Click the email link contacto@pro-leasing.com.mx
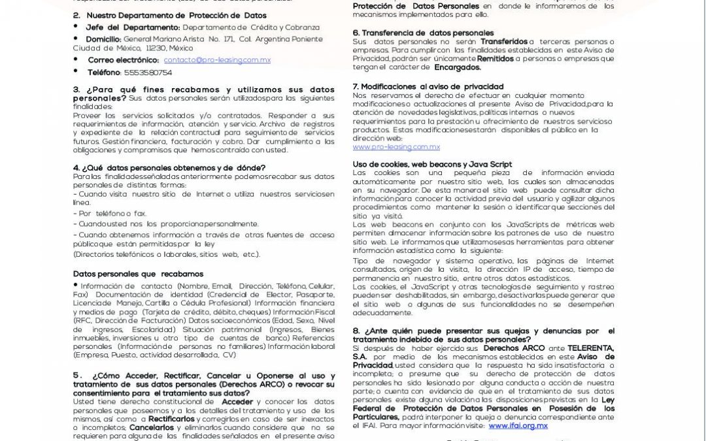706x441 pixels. point(217,60)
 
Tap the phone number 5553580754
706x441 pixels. point(148,73)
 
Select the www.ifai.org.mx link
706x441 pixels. point(518,425)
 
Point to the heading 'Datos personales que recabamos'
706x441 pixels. point(138,274)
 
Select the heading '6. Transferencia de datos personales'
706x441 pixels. point(423,33)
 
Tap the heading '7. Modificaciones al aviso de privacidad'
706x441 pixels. point(428,86)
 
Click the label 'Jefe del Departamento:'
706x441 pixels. point(133,27)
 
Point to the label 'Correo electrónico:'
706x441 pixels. point(123,60)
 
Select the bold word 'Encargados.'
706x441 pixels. point(458,67)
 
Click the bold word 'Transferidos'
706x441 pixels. point(504,42)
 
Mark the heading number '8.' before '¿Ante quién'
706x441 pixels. point(356,331)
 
